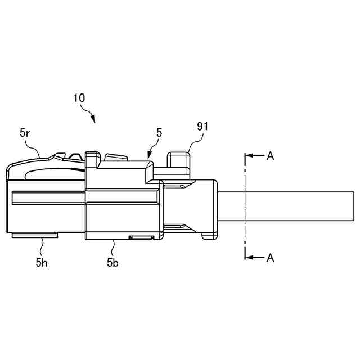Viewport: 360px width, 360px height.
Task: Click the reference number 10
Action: pos(79,97)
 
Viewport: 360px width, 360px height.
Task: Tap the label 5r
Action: pos(25,133)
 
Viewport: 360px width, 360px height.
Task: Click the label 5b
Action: pos(112,262)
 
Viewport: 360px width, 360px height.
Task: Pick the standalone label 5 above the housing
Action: pos(159,133)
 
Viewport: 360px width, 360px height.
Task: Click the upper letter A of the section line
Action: pos(271,156)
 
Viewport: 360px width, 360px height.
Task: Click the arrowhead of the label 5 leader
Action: pos(148,156)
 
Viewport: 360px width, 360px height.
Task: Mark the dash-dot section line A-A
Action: pos(245,206)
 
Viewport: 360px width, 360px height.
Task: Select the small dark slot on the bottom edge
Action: pos(141,238)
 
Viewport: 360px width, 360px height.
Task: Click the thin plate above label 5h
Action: pos(34,236)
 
